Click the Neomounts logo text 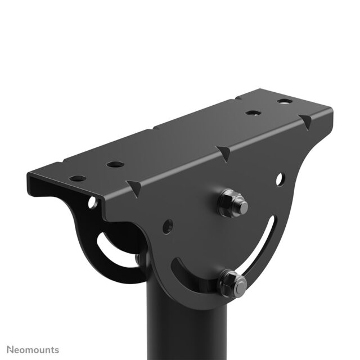tap(31, 350)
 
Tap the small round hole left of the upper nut tap(167, 228)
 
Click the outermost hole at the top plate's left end tap(78, 178)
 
